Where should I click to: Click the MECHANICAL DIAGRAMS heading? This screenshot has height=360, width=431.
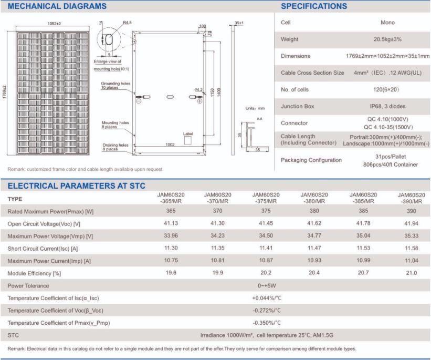(57, 6)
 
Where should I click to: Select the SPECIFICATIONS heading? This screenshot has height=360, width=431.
(314, 6)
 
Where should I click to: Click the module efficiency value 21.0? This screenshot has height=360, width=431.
(411, 273)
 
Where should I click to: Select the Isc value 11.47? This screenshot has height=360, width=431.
(314, 249)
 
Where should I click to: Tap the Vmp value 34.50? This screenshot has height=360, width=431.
(265, 236)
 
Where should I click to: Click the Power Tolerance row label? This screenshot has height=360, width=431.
(28, 286)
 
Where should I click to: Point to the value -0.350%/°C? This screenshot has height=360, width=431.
(267, 323)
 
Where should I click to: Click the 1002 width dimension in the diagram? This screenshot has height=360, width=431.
(170, 145)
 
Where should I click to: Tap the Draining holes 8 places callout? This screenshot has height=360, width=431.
(114, 147)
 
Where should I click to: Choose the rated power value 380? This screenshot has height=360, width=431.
(314, 211)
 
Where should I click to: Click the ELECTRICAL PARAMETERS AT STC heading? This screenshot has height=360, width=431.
(76, 186)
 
